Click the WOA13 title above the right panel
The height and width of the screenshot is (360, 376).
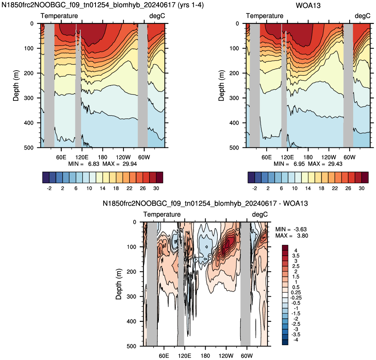(308, 5)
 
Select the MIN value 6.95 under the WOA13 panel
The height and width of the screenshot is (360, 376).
(299, 164)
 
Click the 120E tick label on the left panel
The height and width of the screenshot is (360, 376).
(82, 158)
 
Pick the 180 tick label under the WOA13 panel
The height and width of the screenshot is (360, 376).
(308, 158)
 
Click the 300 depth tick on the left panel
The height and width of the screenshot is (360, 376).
(29, 98)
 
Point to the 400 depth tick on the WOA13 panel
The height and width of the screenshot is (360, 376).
(234, 123)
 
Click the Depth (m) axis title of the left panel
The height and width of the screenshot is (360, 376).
(16, 85)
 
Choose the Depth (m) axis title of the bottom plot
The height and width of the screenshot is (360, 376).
(119, 284)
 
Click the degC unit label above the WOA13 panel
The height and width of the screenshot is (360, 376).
(363, 16)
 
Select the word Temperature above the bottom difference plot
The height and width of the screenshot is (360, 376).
(162, 214)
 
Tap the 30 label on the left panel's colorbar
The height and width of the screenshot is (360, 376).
(156, 188)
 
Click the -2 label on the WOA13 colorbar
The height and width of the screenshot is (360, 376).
(255, 188)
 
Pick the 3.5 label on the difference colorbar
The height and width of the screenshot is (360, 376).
(296, 256)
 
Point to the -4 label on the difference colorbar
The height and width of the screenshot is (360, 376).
(296, 340)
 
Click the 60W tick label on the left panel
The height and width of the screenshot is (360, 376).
(144, 158)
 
